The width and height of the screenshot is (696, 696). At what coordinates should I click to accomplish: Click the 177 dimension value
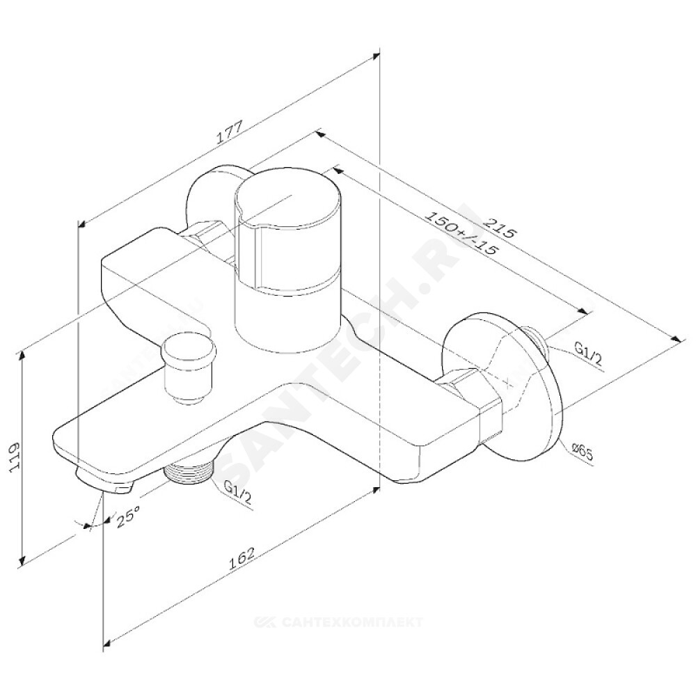pos(229,132)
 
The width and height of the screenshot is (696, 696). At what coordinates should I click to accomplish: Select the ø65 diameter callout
pos(583,454)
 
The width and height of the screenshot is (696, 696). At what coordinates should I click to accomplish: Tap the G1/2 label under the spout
pos(238,493)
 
